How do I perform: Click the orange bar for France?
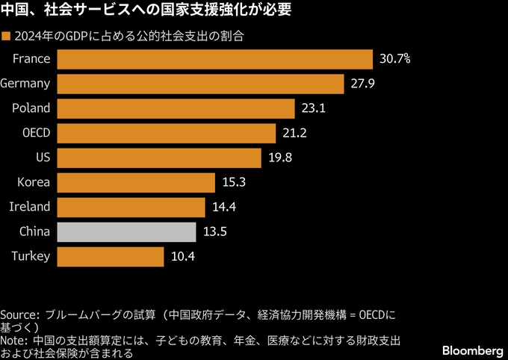tap(214, 59)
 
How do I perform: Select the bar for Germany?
tap(200, 84)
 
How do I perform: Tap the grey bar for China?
tap(126, 232)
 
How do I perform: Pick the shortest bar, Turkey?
tap(110, 257)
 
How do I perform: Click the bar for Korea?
tap(135, 182)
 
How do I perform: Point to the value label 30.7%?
tap(394, 58)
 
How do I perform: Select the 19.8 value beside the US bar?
tap(280, 158)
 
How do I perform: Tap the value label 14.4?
tap(224, 207)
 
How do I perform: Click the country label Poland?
tap(31, 108)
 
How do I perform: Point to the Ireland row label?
tap(30, 207)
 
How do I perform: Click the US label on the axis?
tap(43, 158)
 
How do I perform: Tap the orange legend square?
tap(6, 36)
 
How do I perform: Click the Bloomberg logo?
tap(472, 350)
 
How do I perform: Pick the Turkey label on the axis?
tap(31, 257)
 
